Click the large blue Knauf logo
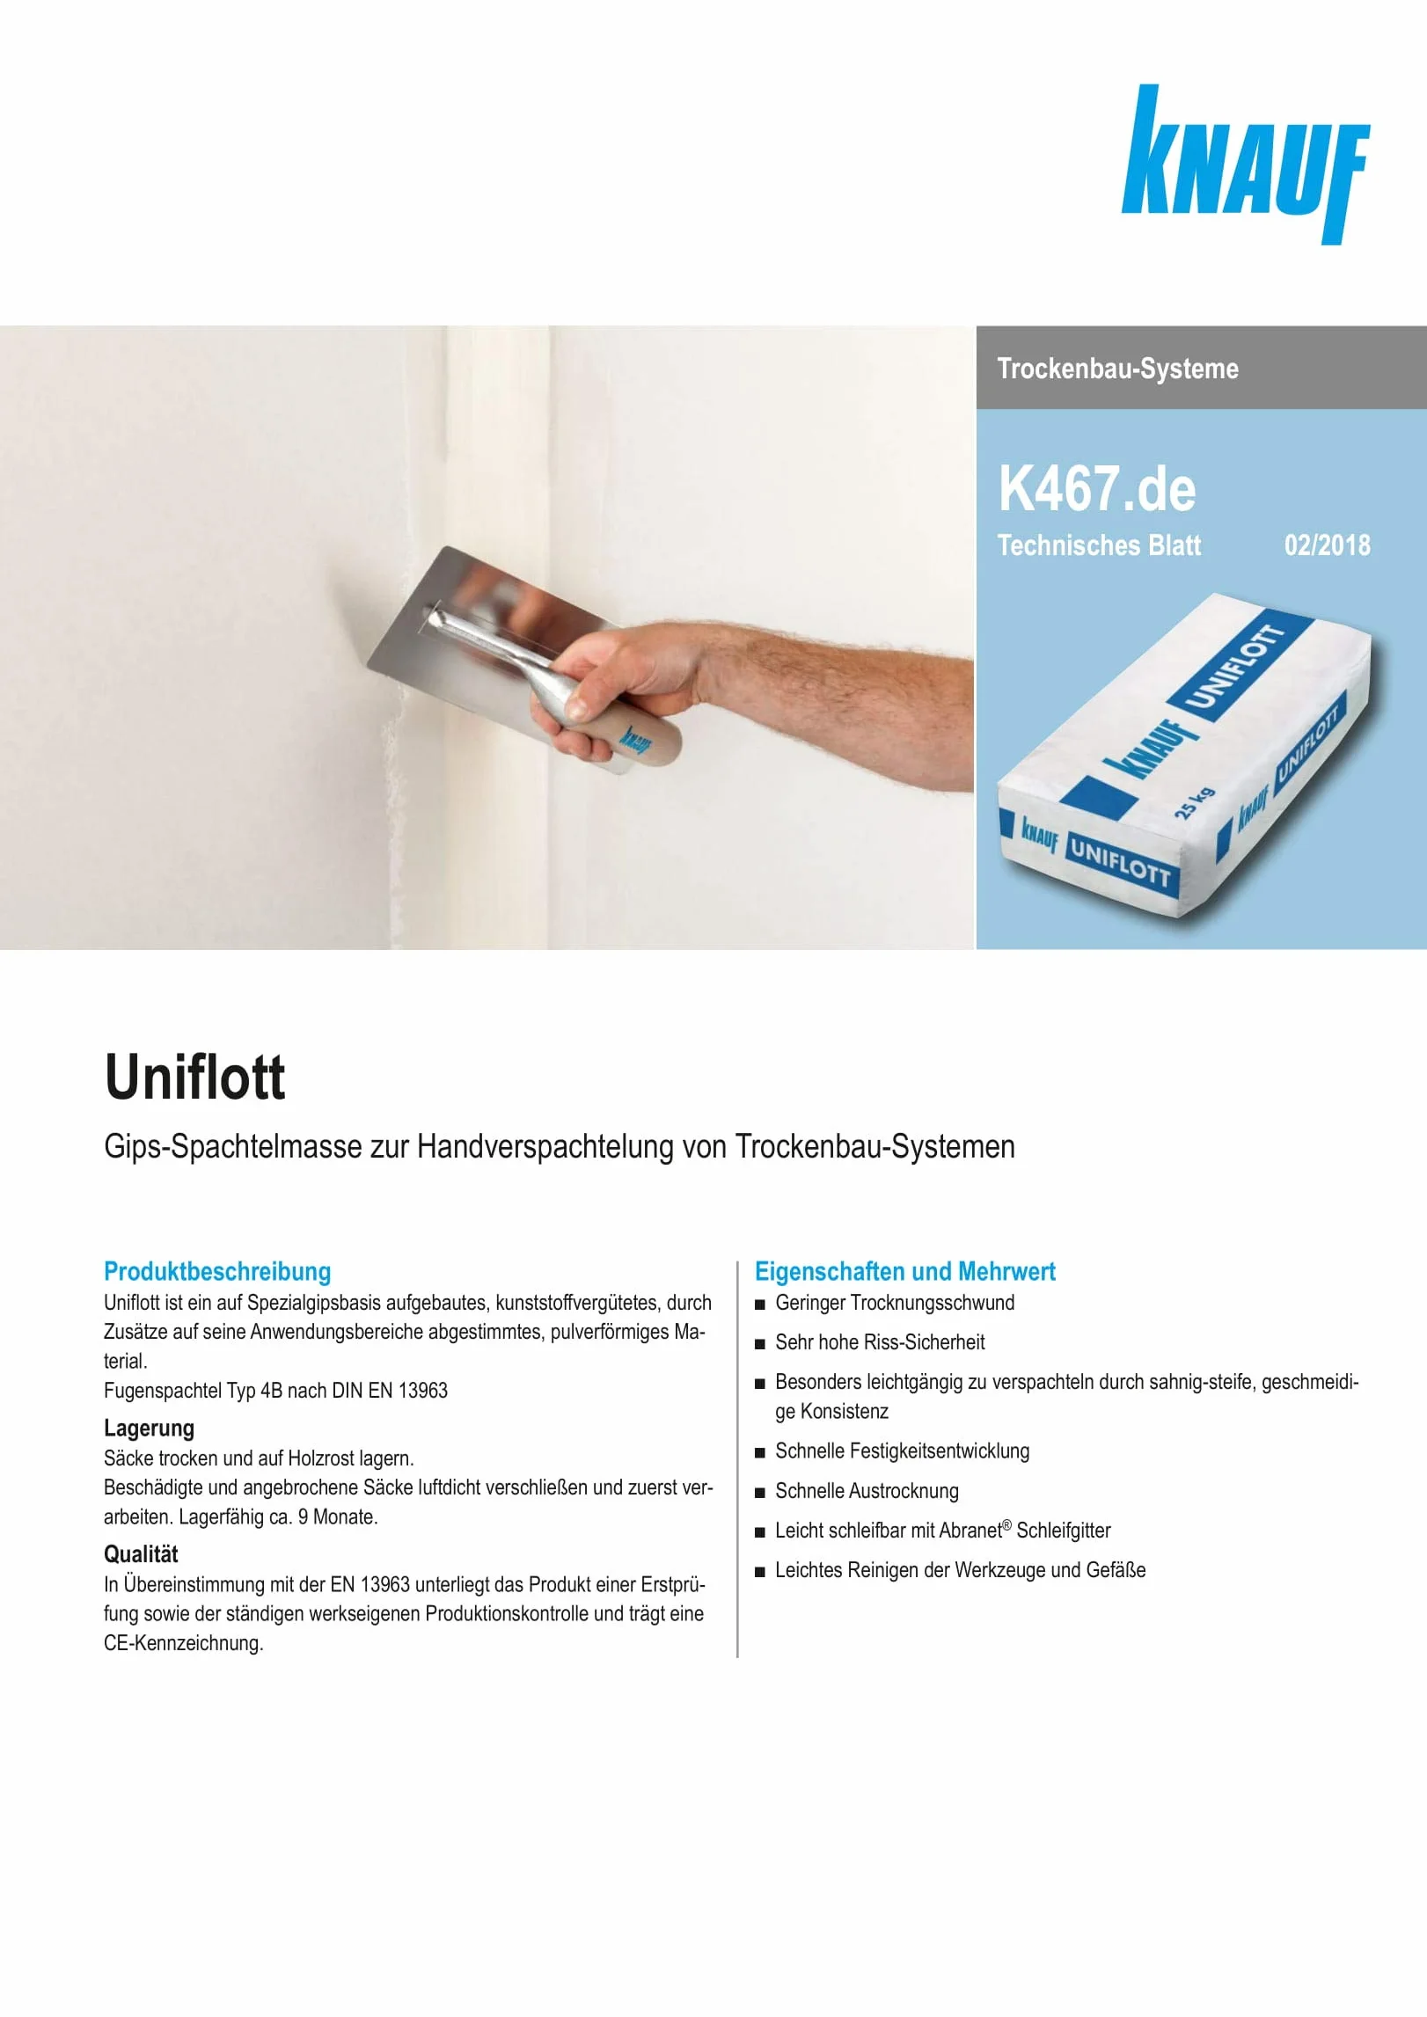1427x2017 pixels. coord(1245,164)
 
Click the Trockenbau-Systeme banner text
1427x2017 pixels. coord(1117,369)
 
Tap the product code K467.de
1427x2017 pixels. coord(1097,489)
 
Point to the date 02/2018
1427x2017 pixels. coord(1327,545)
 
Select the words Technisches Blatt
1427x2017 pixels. coord(1099,545)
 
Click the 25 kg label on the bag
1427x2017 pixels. coord(1194,802)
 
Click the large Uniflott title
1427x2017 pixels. coord(194,1077)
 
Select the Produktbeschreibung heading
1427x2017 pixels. coord(217,1271)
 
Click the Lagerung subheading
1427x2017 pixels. coord(149,1428)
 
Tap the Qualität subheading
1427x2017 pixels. coord(141,1553)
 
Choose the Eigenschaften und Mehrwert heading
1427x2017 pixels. coord(904,1271)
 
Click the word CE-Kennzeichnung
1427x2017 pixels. coord(183,1643)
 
